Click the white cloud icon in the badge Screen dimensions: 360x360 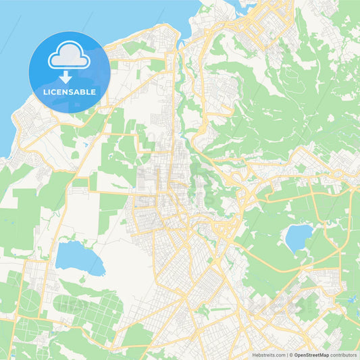(69, 55)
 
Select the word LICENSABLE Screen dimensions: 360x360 (69, 92)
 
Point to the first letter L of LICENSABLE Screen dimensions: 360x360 (45, 92)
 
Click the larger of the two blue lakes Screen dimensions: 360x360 (79, 258)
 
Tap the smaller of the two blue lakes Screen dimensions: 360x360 (298, 237)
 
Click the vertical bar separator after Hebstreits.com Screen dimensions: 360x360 (286, 353)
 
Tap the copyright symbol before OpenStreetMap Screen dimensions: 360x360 (290, 353)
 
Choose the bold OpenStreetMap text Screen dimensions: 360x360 (311, 353)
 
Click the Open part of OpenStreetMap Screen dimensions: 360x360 (301, 353)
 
